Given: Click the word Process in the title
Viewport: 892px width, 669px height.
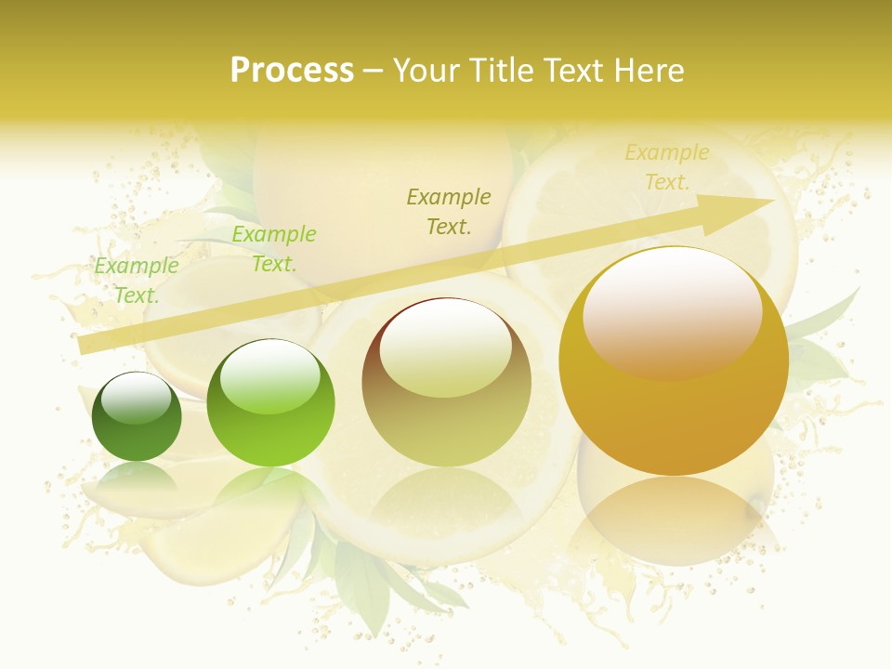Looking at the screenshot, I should pyautogui.click(x=292, y=71).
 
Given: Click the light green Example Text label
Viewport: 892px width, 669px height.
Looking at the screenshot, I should pyautogui.click(x=137, y=281).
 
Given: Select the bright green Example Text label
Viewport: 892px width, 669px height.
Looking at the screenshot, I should pyautogui.click(x=274, y=249).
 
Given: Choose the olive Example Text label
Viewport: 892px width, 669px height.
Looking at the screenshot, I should pyautogui.click(x=449, y=211).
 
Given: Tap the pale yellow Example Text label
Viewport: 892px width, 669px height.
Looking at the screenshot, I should pyautogui.click(x=667, y=167).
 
